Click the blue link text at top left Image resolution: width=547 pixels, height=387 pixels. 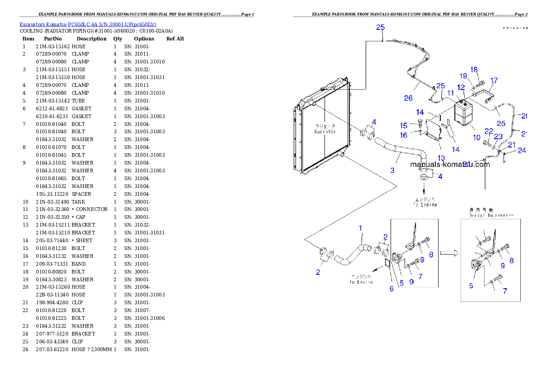(88, 24)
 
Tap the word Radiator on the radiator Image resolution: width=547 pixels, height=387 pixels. (325, 132)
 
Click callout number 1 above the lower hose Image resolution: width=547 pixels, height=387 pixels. (360, 228)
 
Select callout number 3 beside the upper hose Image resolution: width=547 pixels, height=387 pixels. (392, 171)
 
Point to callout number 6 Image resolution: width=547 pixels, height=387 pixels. (392, 289)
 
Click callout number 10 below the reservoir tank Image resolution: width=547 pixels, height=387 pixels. (477, 137)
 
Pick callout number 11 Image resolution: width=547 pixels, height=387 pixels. (451, 93)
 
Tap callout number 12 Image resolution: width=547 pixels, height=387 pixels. (461, 86)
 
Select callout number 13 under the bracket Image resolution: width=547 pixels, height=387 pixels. (441, 158)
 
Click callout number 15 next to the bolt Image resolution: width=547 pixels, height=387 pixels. (404, 125)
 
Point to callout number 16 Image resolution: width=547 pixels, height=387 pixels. (404, 135)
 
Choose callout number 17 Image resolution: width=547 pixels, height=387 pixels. (494, 80)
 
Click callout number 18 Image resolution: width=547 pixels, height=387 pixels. (474, 69)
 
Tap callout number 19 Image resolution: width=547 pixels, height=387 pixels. (463, 76)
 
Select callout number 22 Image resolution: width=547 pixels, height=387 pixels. (489, 131)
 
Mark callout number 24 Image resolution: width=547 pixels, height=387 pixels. (521, 150)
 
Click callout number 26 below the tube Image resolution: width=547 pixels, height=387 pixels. (408, 98)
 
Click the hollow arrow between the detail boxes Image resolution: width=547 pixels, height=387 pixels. (449, 252)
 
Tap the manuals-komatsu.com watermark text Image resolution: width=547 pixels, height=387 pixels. (450, 165)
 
